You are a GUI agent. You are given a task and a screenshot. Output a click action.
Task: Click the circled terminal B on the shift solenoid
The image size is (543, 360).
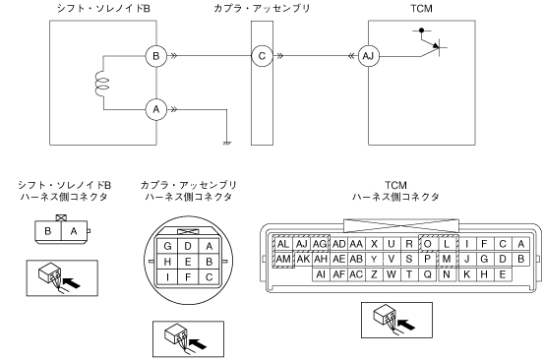pyautogui.click(x=156, y=56)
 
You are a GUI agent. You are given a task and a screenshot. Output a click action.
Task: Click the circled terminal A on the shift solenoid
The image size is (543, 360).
pyautogui.click(x=156, y=109)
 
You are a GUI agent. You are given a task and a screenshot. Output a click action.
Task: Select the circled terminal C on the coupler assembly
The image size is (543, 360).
pyautogui.click(x=262, y=56)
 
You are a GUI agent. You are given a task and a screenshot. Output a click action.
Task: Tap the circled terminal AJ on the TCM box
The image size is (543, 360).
pyautogui.click(x=368, y=56)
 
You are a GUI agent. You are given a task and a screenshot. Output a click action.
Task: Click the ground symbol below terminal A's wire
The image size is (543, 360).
pyautogui.click(x=227, y=143)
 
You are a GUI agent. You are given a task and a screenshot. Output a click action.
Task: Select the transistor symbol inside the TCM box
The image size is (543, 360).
pyautogui.click(x=430, y=42)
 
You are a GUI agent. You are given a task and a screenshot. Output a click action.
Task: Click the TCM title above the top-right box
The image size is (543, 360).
pyautogui.click(x=421, y=8)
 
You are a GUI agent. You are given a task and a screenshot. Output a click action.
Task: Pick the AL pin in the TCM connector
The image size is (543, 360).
pyautogui.click(x=283, y=244)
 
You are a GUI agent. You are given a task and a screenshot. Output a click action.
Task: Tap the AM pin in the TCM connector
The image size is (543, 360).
pyautogui.click(x=283, y=259)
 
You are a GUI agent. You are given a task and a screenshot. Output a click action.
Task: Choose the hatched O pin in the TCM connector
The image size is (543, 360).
pyautogui.click(x=428, y=244)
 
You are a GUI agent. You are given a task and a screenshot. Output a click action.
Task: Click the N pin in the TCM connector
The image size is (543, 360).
pyautogui.click(x=447, y=274)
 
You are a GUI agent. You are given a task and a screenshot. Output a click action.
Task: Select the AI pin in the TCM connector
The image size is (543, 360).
pyautogui.click(x=321, y=274)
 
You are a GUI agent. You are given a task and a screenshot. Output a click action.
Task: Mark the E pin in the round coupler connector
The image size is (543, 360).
pyautogui.click(x=188, y=262)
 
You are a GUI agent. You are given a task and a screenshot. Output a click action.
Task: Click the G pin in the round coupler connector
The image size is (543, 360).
pyautogui.click(x=167, y=246)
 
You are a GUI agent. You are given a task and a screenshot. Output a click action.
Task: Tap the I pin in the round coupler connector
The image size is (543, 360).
pyautogui.click(x=167, y=277)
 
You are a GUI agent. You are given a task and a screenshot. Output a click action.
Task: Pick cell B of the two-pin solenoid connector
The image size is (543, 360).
pyautogui.click(x=48, y=231)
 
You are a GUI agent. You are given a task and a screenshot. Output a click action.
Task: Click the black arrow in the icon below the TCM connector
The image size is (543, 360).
pyautogui.click(x=406, y=325)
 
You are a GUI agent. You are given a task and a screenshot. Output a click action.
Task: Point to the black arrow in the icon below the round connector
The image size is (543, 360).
pyautogui.click(x=198, y=344)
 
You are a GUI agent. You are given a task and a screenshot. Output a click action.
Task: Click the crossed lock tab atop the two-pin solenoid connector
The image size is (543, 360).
pyautogui.click(x=61, y=218)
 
